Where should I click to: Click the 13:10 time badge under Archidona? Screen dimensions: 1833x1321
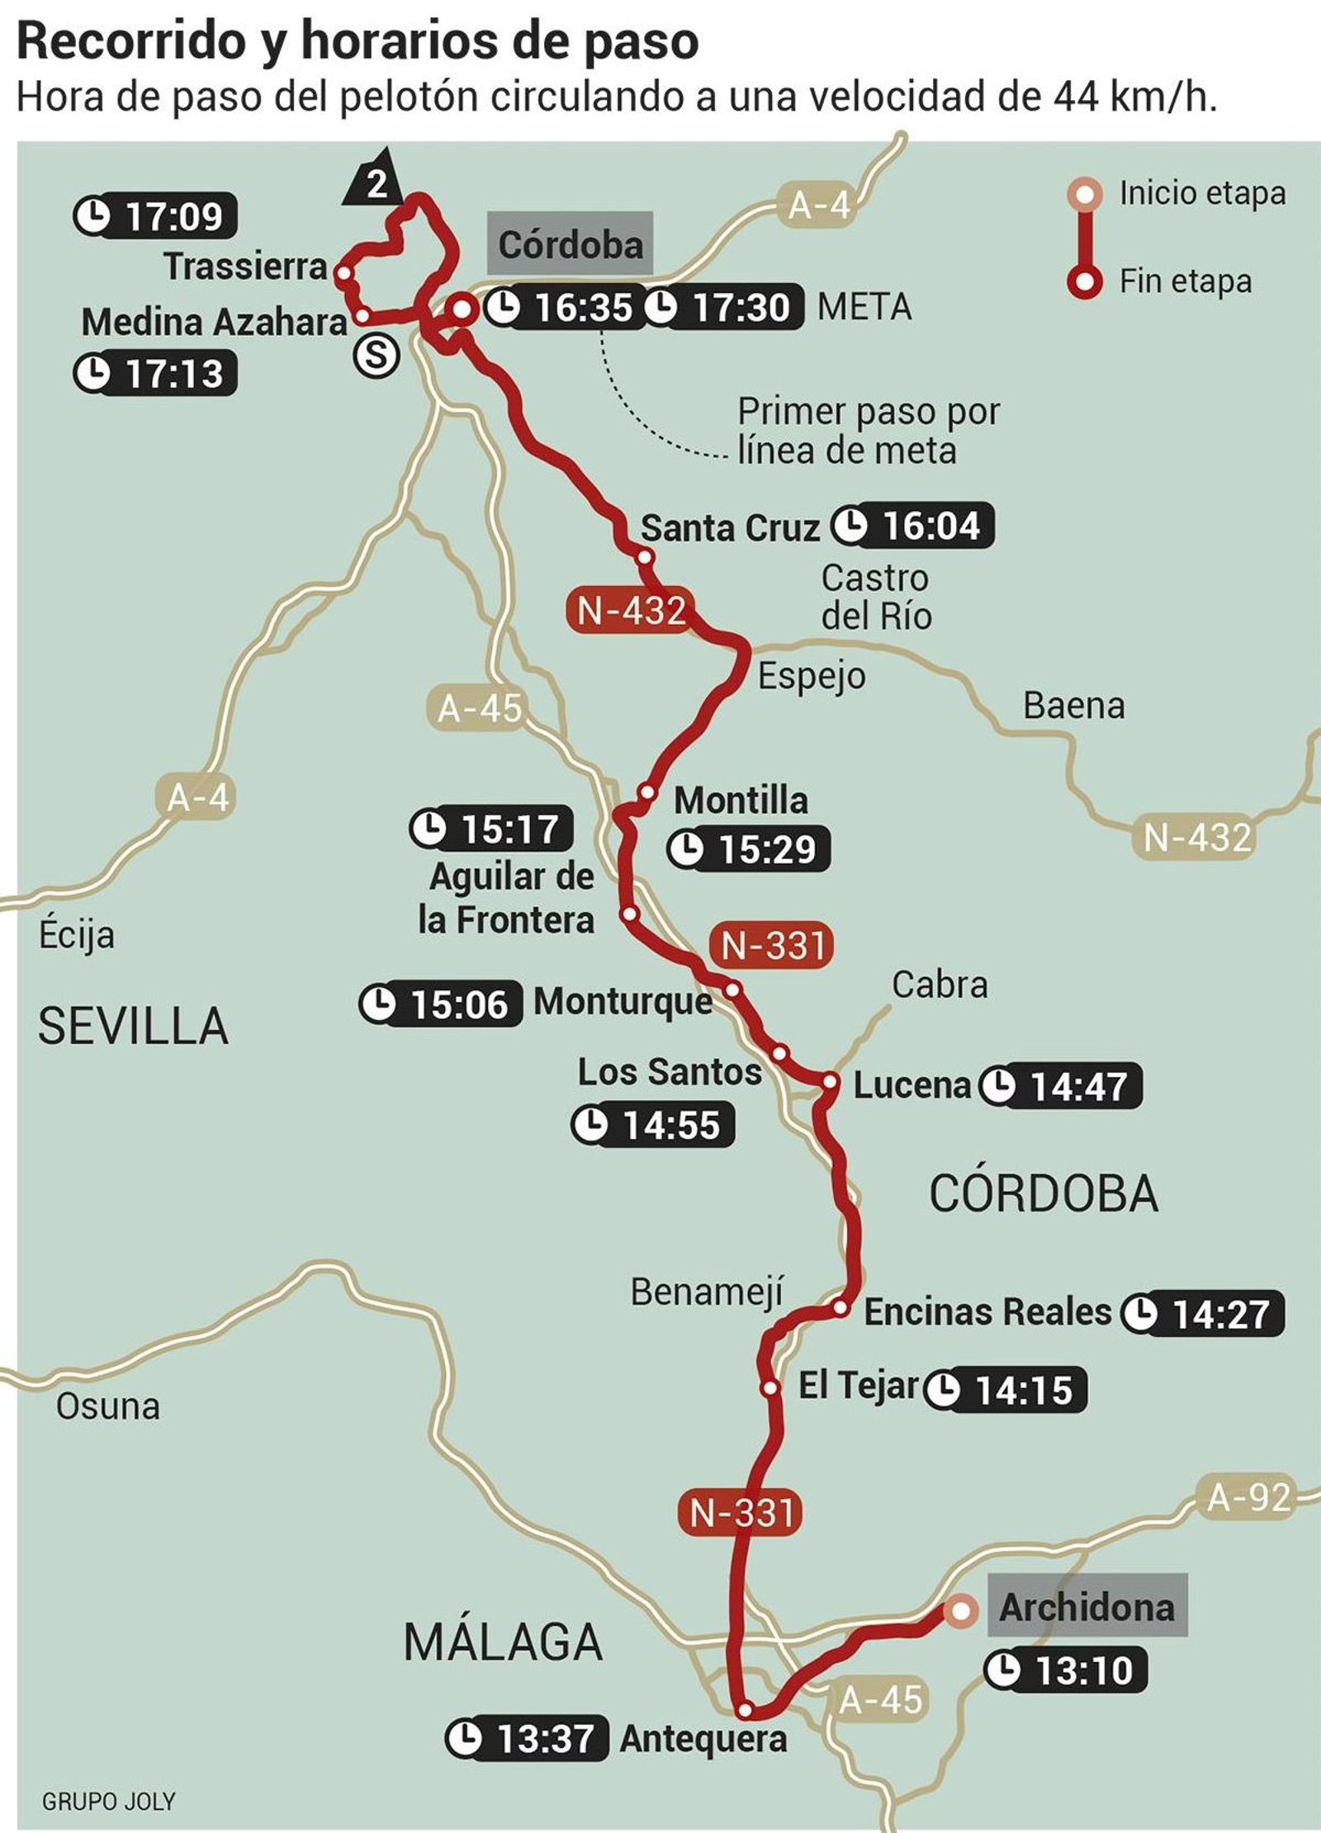coord(1066,1670)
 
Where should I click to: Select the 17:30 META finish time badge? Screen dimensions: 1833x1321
coord(723,308)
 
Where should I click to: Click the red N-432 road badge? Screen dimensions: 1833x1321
coord(632,611)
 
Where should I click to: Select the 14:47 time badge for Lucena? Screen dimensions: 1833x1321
coord(1062,1086)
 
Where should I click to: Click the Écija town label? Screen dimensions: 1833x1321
coord(76,936)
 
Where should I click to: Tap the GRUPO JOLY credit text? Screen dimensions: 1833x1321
coord(109,1801)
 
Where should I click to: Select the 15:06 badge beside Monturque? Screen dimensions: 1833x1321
coord(442,1004)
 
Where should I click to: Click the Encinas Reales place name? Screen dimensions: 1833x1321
coord(987,1312)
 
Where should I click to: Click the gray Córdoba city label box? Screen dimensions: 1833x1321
coord(570,244)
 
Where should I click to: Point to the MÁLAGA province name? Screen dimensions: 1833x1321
coord(503,1642)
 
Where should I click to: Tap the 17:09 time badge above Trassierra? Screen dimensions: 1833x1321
coord(155,217)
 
